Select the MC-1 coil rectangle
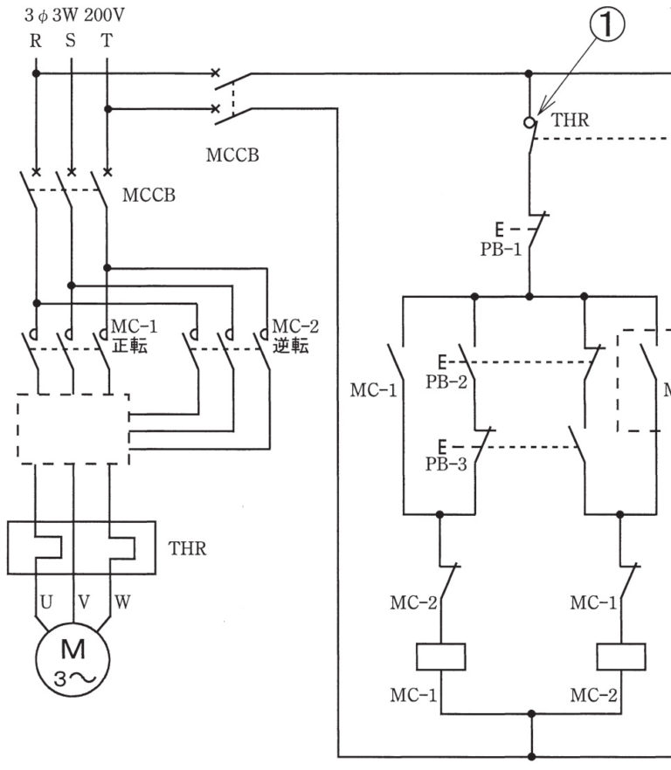pyautogui.click(x=440, y=656)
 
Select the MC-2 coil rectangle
pyautogui.click(x=620, y=656)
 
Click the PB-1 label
pyautogui.click(x=501, y=249)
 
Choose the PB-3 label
pyautogui.click(x=446, y=464)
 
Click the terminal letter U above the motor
pyautogui.click(x=46, y=602)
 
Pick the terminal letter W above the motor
pyautogui.click(x=121, y=602)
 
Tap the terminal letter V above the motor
pyautogui.click(x=83, y=602)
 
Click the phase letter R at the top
pyautogui.click(x=36, y=40)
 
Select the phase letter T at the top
pyautogui.click(x=107, y=40)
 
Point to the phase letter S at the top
pyautogui.click(x=71, y=40)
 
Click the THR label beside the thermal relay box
pyautogui.click(x=188, y=549)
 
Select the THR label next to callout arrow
pyautogui.click(x=570, y=120)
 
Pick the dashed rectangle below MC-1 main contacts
pyautogui.click(x=73, y=428)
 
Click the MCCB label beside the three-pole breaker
pyautogui.click(x=149, y=195)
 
